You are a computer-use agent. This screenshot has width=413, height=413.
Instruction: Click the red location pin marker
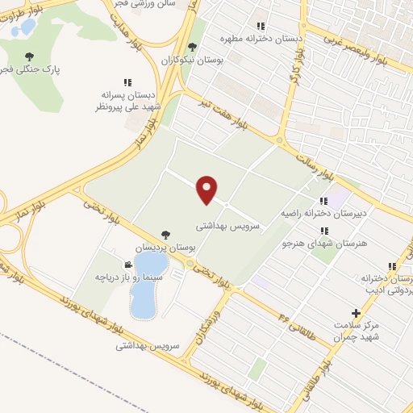point(207,190)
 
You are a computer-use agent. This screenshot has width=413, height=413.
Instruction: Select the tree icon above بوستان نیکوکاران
point(191,48)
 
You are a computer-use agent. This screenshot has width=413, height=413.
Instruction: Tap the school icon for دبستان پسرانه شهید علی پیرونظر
point(127,82)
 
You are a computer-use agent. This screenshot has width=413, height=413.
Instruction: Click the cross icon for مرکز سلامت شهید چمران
point(355,313)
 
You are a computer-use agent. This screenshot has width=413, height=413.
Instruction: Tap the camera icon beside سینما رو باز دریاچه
point(128,265)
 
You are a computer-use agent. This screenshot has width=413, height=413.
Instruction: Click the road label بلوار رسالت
point(317,162)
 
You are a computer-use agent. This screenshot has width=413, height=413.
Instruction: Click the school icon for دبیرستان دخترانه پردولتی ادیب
point(392,266)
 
